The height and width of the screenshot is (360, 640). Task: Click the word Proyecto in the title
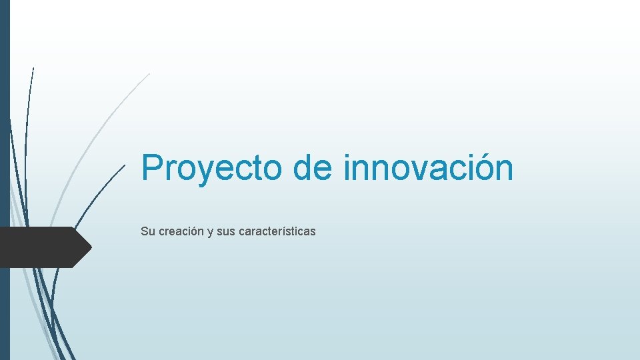212,167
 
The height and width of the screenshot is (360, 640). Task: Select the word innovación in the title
429,167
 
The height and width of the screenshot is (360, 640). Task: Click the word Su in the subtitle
147,232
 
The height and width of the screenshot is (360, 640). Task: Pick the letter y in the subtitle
210,233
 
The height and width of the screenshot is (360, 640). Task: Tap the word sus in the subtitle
225,232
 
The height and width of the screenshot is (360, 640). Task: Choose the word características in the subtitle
277,232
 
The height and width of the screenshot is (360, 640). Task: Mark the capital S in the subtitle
144,232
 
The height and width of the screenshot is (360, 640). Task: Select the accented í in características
291,231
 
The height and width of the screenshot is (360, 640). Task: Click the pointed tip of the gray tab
90,247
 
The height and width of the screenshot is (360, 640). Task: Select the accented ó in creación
193,231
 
